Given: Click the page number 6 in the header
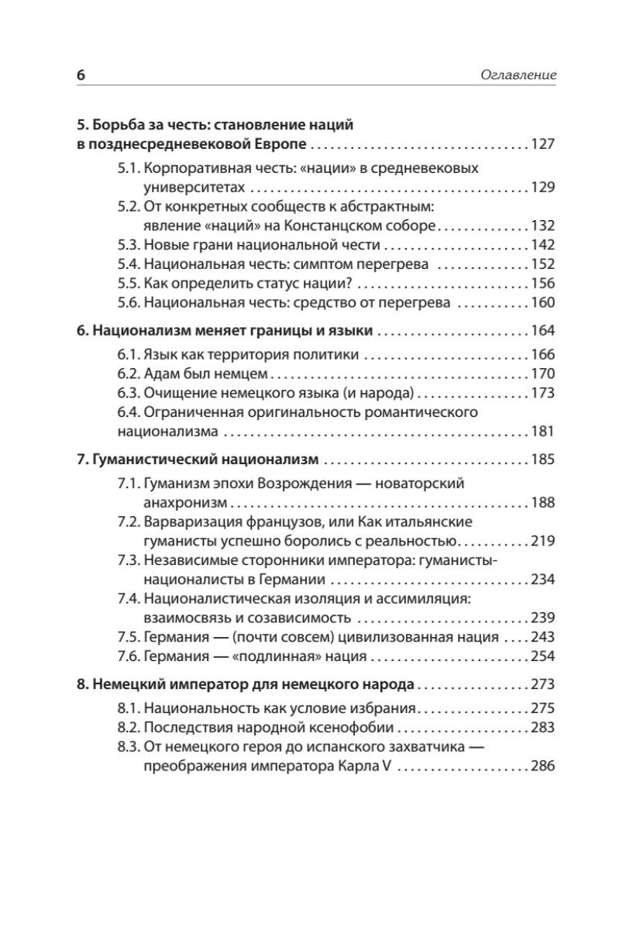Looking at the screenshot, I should (x=81, y=75).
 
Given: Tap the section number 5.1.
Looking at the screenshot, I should (x=129, y=168).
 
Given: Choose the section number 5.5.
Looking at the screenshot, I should (x=130, y=284).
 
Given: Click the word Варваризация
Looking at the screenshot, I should (x=191, y=522).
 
